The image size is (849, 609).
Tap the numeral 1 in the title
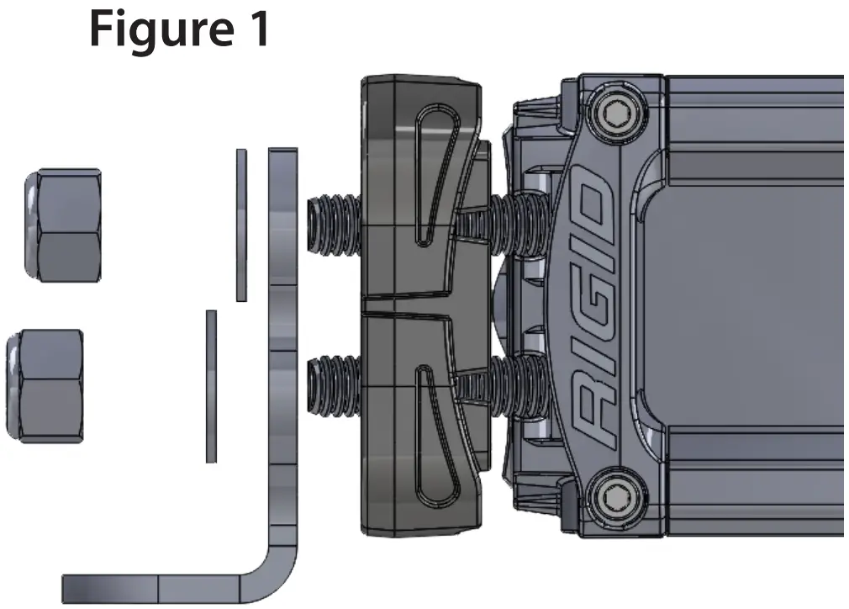click(x=256, y=29)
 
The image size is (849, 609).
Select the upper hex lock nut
click(x=64, y=225)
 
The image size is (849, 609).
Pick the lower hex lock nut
click(x=45, y=386)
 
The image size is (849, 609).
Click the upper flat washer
click(x=241, y=225)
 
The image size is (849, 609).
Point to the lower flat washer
click(x=211, y=386)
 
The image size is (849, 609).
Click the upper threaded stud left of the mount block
click(x=335, y=226)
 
